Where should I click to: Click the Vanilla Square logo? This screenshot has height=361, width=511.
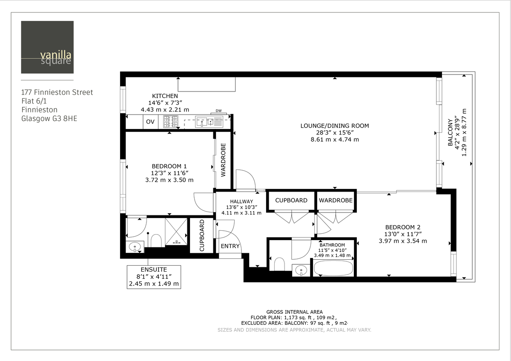click(x=47, y=47)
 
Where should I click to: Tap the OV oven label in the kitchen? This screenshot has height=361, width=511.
click(x=150, y=122)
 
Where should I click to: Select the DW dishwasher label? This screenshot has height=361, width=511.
click(x=218, y=111)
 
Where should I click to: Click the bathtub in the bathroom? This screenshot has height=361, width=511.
click(x=333, y=269)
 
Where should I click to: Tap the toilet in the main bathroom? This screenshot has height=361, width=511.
click(x=280, y=264)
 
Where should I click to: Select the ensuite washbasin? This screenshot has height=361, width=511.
click(x=135, y=246)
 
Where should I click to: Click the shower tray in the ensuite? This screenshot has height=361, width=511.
click(x=176, y=231)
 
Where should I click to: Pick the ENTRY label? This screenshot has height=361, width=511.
click(x=230, y=246)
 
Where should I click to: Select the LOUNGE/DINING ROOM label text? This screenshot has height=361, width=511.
click(x=334, y=126)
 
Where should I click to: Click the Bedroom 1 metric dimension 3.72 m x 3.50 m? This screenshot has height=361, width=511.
click(x=169, y=180)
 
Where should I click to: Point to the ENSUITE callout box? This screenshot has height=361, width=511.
click(x=154, y=277)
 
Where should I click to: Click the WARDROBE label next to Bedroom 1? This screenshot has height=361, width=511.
click(x=223, y=160)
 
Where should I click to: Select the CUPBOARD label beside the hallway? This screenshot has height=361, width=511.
click(x=291, y=200)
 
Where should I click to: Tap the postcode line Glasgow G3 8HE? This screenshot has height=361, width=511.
click(x=49, y=118)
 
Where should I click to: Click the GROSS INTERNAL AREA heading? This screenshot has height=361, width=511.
click(x=294, y=312)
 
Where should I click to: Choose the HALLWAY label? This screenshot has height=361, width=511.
click(x=241, y=201)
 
